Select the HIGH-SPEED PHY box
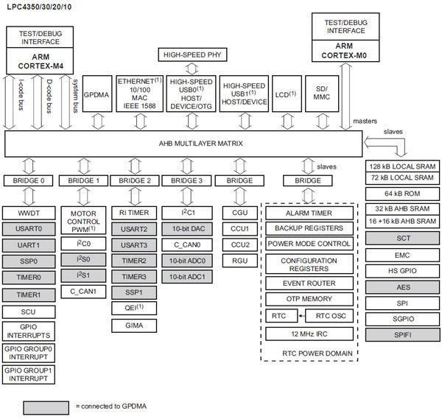(192, 55)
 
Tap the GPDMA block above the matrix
(97, 95)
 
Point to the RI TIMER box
(134, 212)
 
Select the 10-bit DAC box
(187, 228)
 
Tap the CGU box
(240, 212)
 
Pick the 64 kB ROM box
(403, 193)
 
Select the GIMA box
(134, 325)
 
